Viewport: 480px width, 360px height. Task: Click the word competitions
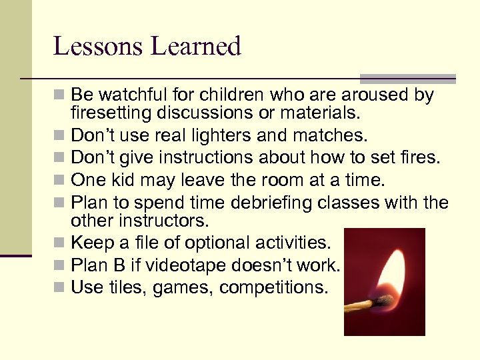274,287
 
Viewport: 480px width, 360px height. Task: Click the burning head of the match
383,301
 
